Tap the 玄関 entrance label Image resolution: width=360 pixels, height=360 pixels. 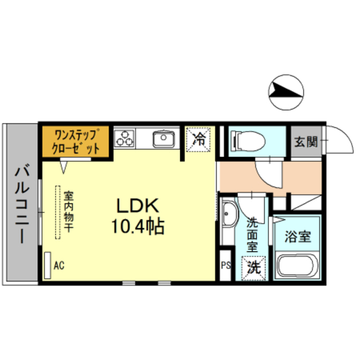304,141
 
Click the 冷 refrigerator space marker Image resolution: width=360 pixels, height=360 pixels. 199,139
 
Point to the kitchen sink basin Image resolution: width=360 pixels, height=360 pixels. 163,138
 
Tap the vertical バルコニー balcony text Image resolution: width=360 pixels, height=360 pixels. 22,203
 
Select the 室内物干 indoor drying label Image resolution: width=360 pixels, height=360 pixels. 68,211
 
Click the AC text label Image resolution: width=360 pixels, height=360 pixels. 59,265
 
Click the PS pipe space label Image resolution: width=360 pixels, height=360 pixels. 226,265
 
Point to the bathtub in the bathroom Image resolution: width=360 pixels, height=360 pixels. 298,265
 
